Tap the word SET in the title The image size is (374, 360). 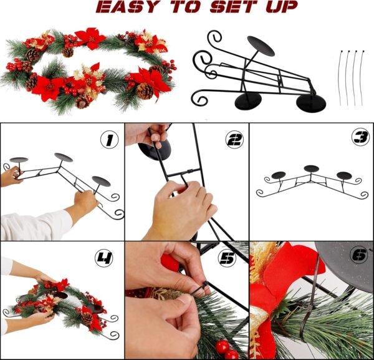[234, 6]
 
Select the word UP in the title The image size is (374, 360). [282, 6]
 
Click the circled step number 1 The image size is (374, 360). [110, 140]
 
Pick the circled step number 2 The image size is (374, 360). [234, 139]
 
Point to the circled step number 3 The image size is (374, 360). [361, 138]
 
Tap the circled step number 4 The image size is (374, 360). [104, 258]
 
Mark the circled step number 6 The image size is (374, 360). [359, 256]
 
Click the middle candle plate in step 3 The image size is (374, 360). [311, 168]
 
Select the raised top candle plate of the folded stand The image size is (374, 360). [261, 46]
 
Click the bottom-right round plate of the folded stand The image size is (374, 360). [311, 103]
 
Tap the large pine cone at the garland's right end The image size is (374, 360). [145, 91]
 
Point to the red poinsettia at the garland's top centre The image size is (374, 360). [90, 38]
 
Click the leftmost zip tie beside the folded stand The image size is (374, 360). [341, 78]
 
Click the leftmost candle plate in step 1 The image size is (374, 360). [19, 160]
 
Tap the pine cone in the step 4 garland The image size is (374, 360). [87, 318]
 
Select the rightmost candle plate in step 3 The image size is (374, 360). [344, 175]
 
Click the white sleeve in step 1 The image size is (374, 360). [36, 225]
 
